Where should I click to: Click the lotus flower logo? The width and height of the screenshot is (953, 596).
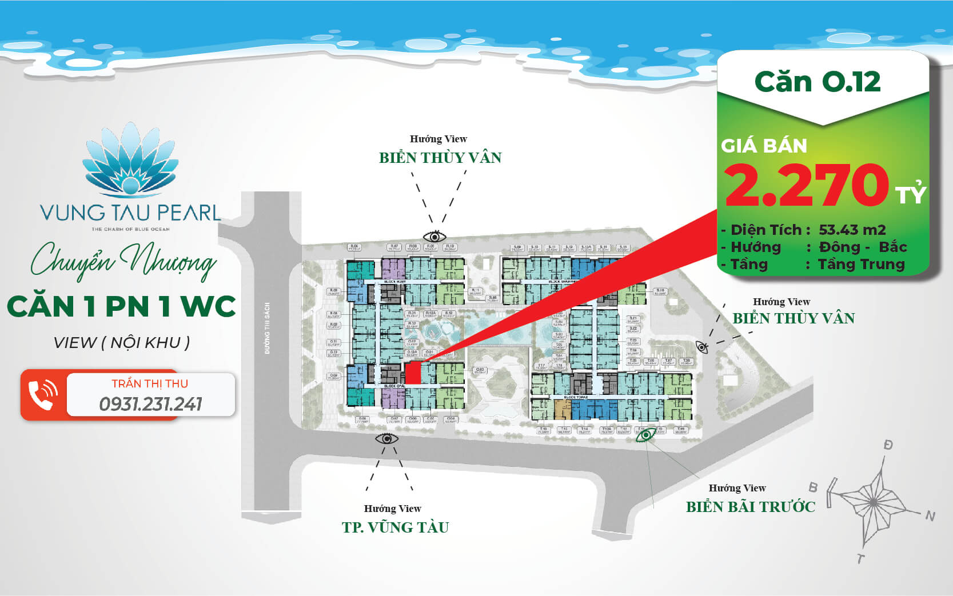tap(131, 161)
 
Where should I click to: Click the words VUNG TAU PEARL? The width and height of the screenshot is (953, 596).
tap(130, 213)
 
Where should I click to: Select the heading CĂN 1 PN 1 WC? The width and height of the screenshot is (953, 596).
tap(121, 306)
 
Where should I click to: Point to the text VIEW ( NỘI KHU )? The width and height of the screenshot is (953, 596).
tap(121, 343)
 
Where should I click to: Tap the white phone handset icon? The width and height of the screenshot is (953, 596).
tap(43, 395)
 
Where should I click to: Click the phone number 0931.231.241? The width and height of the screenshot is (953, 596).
tap(151, 405)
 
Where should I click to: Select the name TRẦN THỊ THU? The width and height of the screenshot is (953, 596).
tap(150, 383)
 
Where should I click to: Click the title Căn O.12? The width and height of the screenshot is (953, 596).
tap(818, 82)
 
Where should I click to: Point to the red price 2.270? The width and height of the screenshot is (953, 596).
tap(806, 185)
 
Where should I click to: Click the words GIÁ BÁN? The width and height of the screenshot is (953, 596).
tap(764, 146)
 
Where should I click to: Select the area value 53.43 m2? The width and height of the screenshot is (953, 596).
tap(852, 230)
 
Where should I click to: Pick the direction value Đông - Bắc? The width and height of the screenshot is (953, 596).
tap(863, 247)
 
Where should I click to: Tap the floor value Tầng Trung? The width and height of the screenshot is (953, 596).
tap(861, 264)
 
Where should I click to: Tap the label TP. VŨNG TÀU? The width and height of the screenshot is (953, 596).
tap(395, 527)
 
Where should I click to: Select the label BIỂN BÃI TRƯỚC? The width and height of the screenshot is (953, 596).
tap(750, 507)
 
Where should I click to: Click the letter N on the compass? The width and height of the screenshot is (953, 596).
tap(930, 516)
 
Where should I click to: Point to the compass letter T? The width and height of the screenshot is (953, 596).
tap(860, 558)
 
